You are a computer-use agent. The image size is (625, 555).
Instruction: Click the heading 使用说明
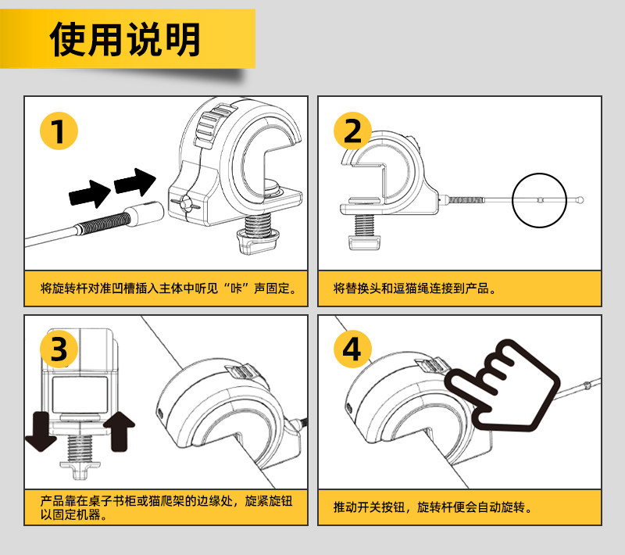[x=125, y=39]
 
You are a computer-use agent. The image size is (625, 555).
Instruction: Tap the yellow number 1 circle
[x=59, y=131]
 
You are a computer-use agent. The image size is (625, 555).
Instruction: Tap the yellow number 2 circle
[x=353, y=131]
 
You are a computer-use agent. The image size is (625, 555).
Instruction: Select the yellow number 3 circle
[x=59, y=349]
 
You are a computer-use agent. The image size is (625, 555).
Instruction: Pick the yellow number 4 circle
[x=353, y=349]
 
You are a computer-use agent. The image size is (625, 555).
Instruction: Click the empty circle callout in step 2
[x=539, y=200]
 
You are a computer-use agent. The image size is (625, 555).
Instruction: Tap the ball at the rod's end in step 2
[x=581, y=200]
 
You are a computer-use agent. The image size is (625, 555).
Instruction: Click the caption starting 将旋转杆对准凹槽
[x=169, y=289]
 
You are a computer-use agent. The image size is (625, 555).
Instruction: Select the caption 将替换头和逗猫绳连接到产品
[x=415, y=289]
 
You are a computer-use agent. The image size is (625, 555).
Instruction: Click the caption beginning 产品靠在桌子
[x=169, y=507]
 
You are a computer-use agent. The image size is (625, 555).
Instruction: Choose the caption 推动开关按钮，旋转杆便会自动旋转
[x=433, y=507]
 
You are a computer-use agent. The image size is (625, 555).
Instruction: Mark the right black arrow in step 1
[x=134, y=182]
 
